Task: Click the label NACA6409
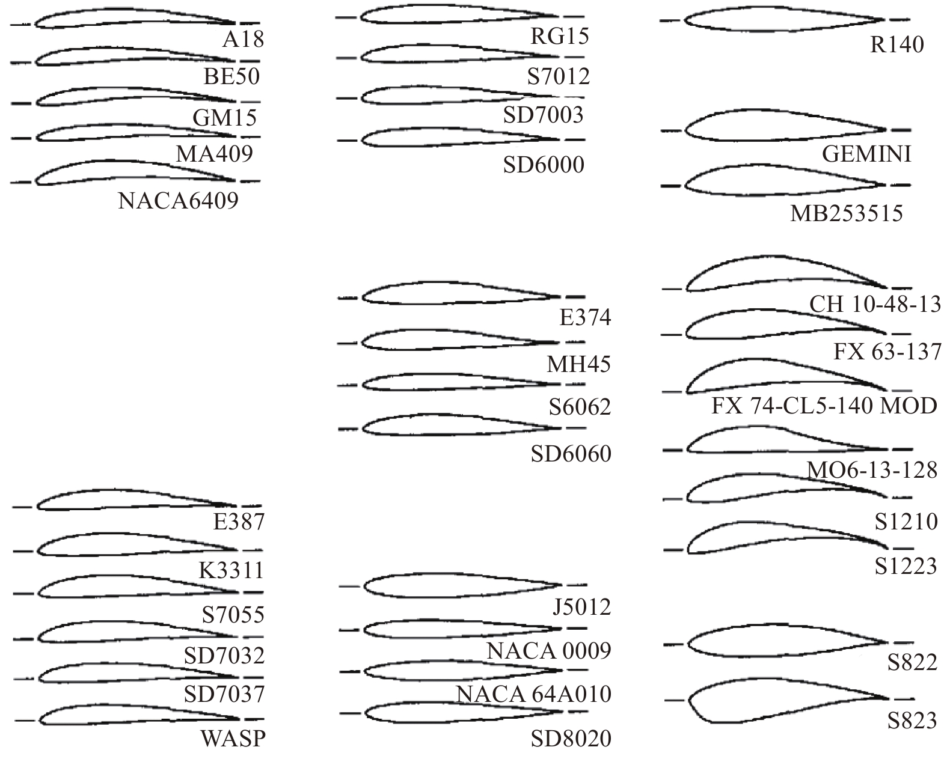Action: click(178, 201)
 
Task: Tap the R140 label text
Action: click(896, 45)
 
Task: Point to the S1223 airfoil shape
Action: click(782, 538)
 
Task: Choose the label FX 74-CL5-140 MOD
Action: click(824, 406)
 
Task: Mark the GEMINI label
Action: click(866, 155)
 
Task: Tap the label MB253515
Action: click(846, 213)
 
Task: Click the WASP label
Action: click(233, 739)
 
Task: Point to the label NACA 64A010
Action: click(533, 695)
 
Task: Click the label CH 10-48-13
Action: click(875, 305)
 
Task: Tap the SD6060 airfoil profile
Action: click(451, 425)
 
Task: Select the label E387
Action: click(239, 522)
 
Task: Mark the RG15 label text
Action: click(559, 37)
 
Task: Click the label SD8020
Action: click(571, 739)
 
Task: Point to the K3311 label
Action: click(231, 570)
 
